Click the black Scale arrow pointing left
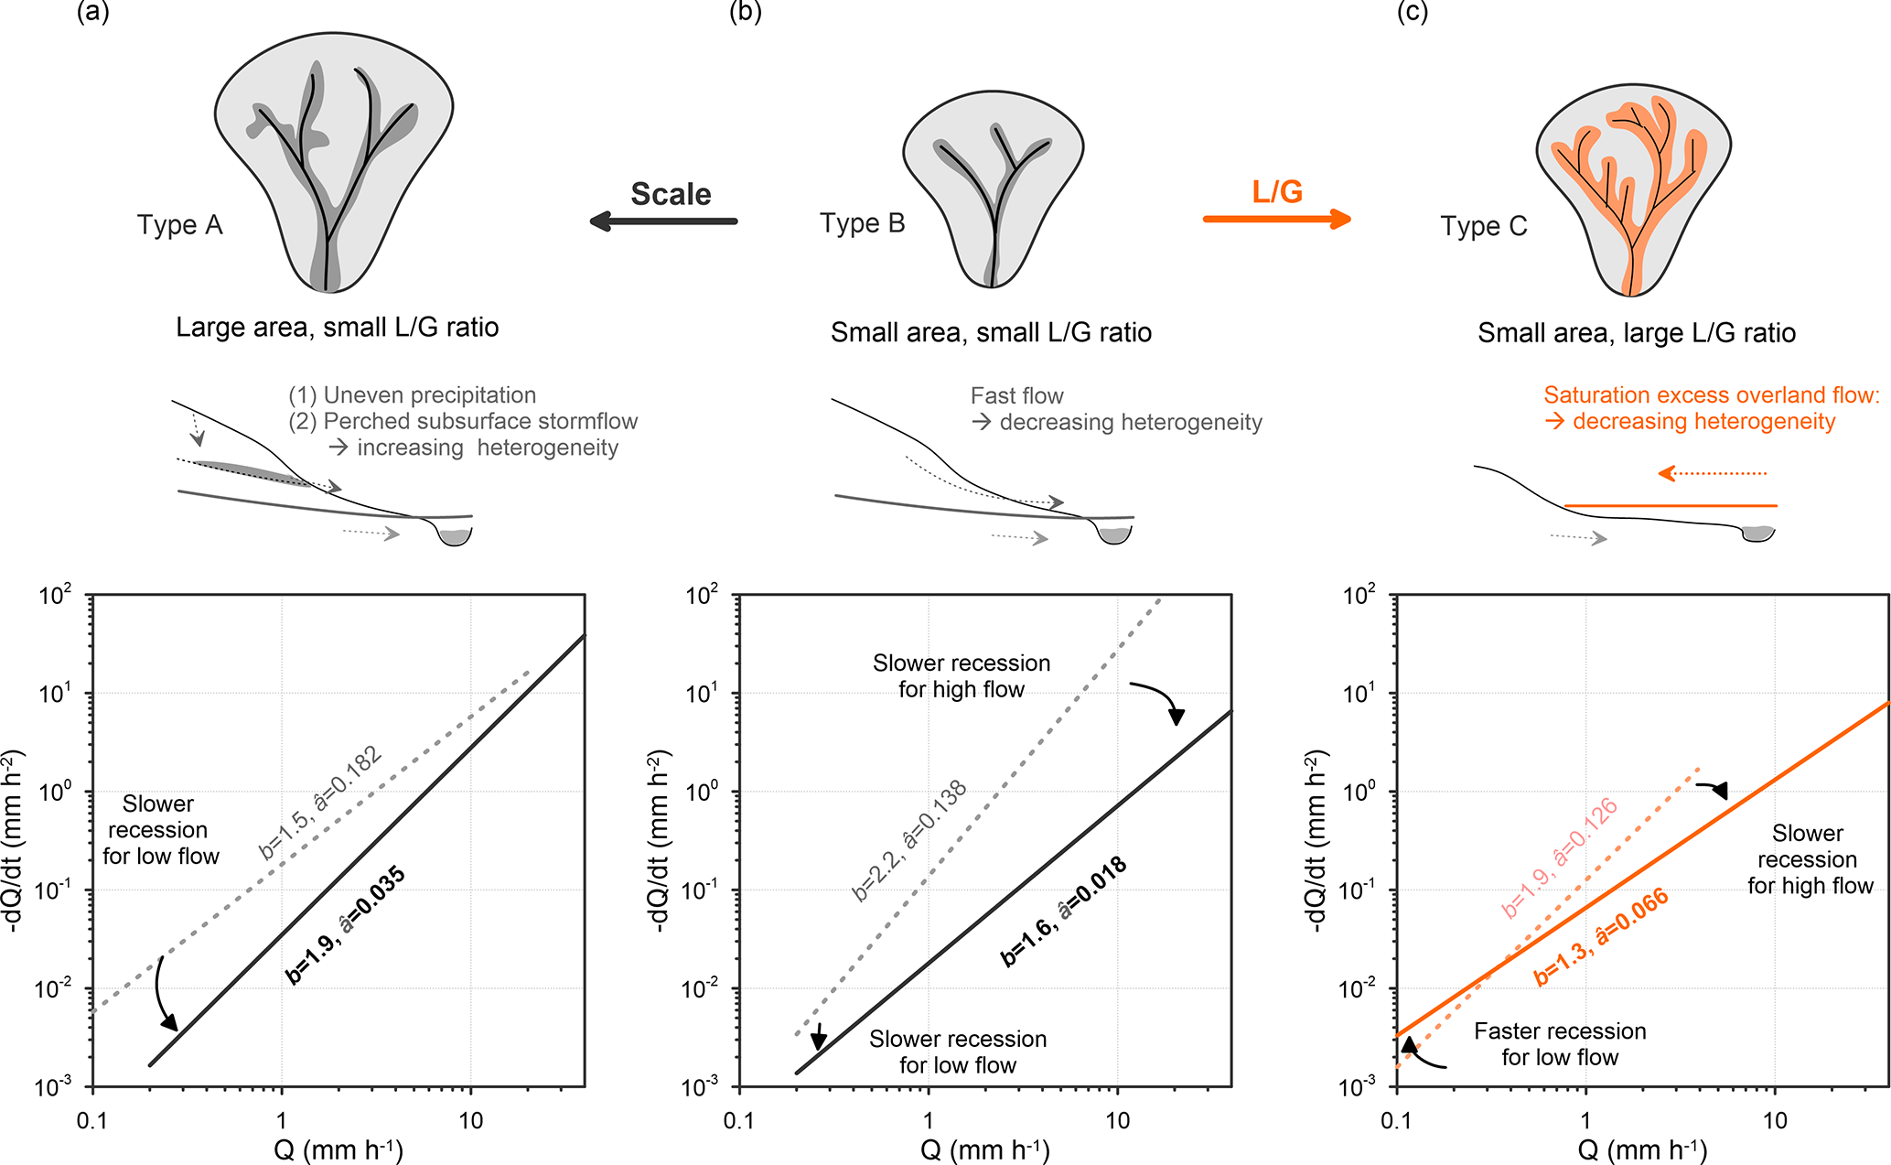point(663,221)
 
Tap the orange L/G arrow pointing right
point(1276,219)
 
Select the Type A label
point(180,225)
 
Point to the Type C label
point(1484,226)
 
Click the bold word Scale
point(671,194)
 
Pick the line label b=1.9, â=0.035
point(345,925)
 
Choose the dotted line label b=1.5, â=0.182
point(319,804)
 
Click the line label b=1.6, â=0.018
point(1063,912)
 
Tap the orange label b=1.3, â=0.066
point(1601,938)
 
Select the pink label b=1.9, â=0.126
point(1560,858)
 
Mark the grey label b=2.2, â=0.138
point(909,840)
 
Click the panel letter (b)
point(746,12)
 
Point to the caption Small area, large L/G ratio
point(1636,333)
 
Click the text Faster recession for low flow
point(1560,1044)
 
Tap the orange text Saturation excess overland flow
point(1711,395)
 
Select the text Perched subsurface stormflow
point(479,422)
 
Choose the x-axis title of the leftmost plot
point(338,1149)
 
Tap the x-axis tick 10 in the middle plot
point(1117,1121)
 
